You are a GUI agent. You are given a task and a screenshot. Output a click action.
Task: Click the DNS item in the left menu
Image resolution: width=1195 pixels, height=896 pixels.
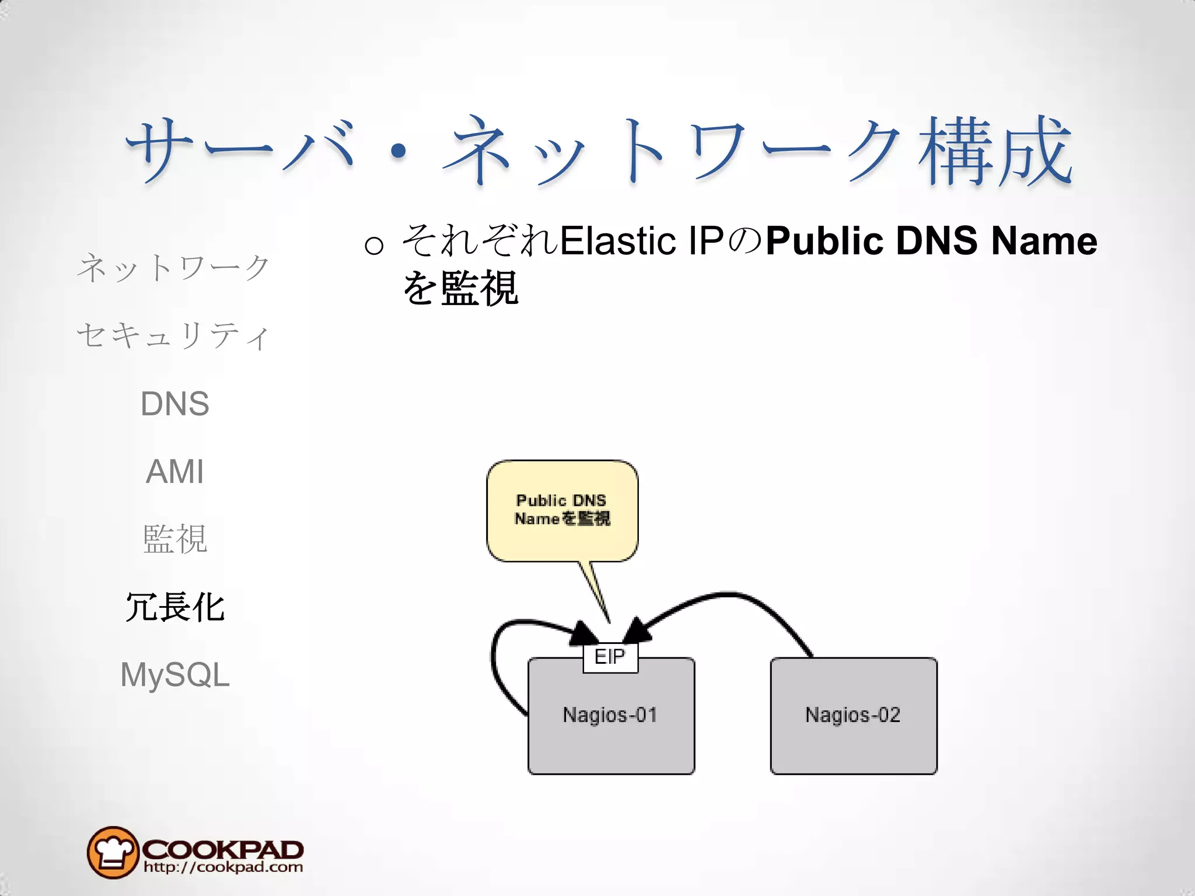pyautogui.click(x=174, y=404)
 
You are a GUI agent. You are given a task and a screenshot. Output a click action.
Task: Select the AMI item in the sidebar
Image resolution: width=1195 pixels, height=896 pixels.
pyautogui.click(x=174, y=471)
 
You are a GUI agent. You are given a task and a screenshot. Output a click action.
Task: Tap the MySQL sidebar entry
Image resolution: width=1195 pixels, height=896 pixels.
pyautogui.click(x=174, y=675)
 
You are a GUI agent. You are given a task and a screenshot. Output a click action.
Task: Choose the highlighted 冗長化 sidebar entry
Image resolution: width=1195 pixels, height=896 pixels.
pyautogui.click(x=174, y=607)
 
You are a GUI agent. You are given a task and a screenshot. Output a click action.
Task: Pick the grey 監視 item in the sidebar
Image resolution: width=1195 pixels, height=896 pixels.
pyautogui.click(x=174, y=539)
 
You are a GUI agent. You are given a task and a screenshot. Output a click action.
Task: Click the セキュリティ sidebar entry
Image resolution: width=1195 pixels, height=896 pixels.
pyautogui.click(x=173, y=336)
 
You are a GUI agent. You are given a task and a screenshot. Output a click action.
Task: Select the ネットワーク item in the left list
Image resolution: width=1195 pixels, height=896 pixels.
pyautogui.click(x=173, y=268)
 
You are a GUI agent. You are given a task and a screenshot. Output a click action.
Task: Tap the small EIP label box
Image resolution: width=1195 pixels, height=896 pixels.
pyautogui.click(x=610, y=657)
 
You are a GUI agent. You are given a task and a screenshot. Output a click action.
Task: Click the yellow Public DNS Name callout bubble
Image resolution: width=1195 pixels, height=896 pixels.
pyautogui.click(x=562, y=510)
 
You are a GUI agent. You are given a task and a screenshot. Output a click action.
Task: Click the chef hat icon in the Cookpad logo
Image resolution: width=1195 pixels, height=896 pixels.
pyautogui.click(x=113, y=852)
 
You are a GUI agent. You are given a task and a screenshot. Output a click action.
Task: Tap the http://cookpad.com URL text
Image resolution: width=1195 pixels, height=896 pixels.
pyautogui.click(x=223, y=867)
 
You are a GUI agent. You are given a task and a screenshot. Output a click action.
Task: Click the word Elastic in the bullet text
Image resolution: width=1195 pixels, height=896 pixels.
pyautogui.click(x=617, y=241)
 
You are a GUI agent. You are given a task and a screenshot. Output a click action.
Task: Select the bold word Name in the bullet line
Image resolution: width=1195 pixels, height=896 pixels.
pyautogui.click(x=1044, y=241)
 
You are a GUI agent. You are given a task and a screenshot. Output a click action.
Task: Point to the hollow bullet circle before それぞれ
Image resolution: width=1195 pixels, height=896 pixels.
pyautogui.click(x=374, y=245)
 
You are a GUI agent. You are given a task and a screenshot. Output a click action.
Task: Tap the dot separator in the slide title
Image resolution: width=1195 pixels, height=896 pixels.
pyautogui.click(x=399, y=152)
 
